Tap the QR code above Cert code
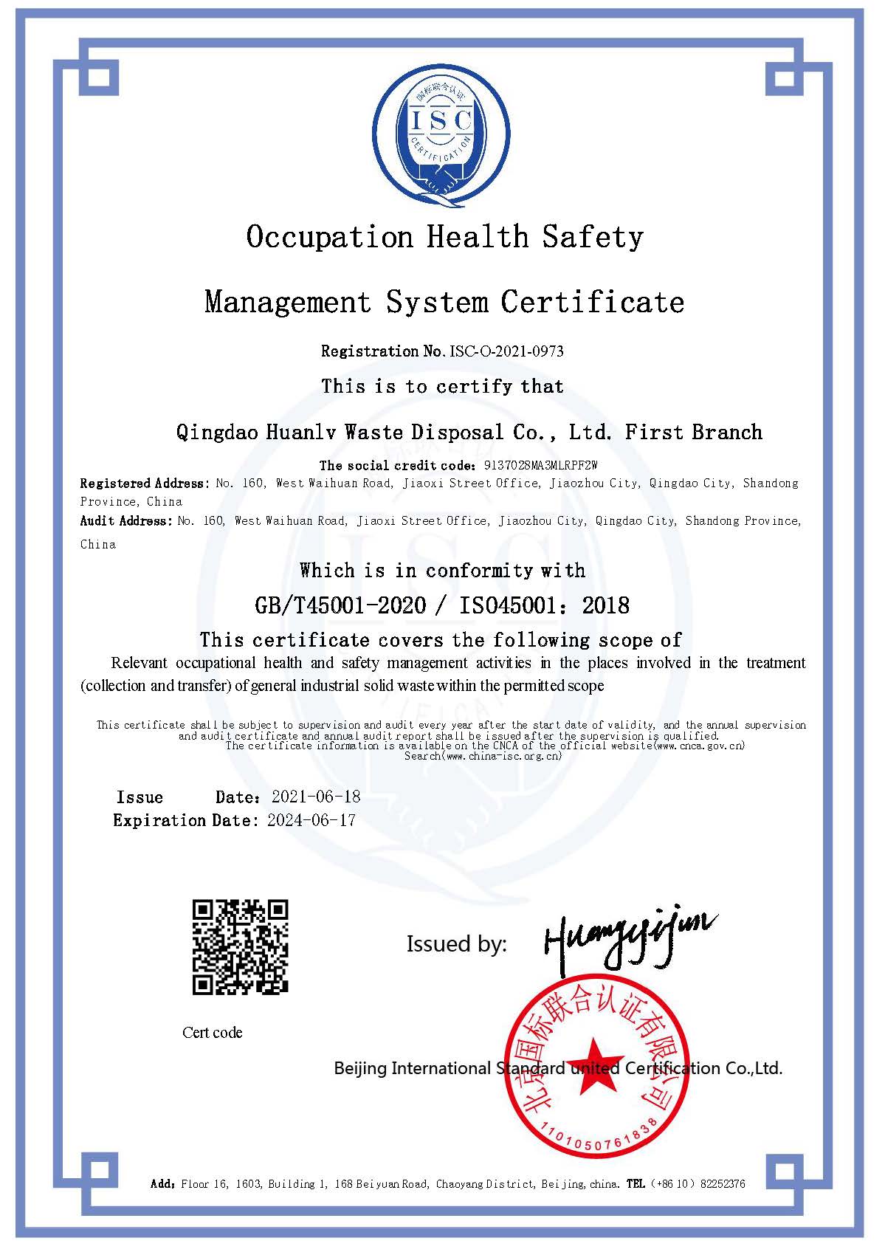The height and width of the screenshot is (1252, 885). point(240,946)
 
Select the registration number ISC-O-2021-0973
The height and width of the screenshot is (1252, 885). point(506,351)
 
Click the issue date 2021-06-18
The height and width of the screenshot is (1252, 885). point(316,797)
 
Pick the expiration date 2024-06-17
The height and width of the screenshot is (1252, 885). point(311,820)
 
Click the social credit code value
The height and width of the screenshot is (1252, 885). point(540,465)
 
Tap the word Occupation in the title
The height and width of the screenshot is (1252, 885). point(329,238)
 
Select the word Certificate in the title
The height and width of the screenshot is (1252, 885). point(593,302)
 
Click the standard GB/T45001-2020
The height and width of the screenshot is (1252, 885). point(340,606)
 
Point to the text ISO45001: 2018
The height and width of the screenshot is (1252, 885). point(545,606)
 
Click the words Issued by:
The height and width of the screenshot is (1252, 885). point(456,944)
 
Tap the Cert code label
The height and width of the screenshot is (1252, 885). point(213,1033)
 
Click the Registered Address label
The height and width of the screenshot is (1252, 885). point(144,484)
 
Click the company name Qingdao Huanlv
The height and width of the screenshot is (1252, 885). point(255,433)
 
